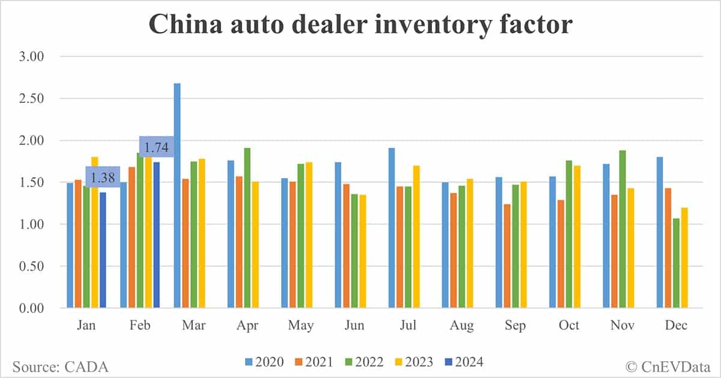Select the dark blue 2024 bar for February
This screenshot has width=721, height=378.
pyautogui.click(x=156, y=235)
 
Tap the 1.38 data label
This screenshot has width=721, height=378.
pyautogui.click(x=103, y=177)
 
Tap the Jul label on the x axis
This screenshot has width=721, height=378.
pyautogui.click(x=408, y=325)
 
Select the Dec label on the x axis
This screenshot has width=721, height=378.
pyautogui.click(x=676, y=325)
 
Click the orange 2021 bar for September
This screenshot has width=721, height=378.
pyautogui.click(x=508, y=256)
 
